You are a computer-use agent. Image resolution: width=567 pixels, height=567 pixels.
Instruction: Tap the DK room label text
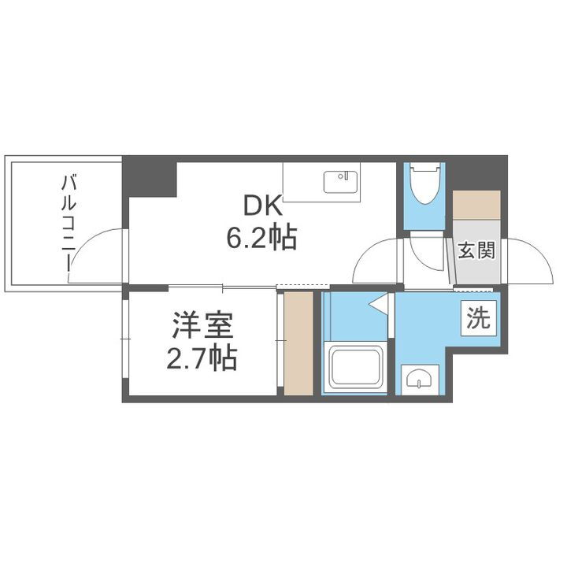[261, 206]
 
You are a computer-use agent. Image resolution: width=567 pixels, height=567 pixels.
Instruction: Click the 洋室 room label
[201, 327]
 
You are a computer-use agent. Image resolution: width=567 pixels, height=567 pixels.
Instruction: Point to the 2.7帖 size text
[201, 358]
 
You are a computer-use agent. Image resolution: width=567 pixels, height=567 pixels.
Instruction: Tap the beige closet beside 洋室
[298, 343]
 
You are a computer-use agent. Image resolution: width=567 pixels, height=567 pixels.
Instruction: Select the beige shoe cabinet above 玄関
[476, 205]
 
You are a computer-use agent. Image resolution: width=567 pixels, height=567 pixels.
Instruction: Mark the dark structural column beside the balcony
[149, 178]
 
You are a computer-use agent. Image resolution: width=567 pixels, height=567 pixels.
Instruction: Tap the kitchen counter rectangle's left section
[303, 183]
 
